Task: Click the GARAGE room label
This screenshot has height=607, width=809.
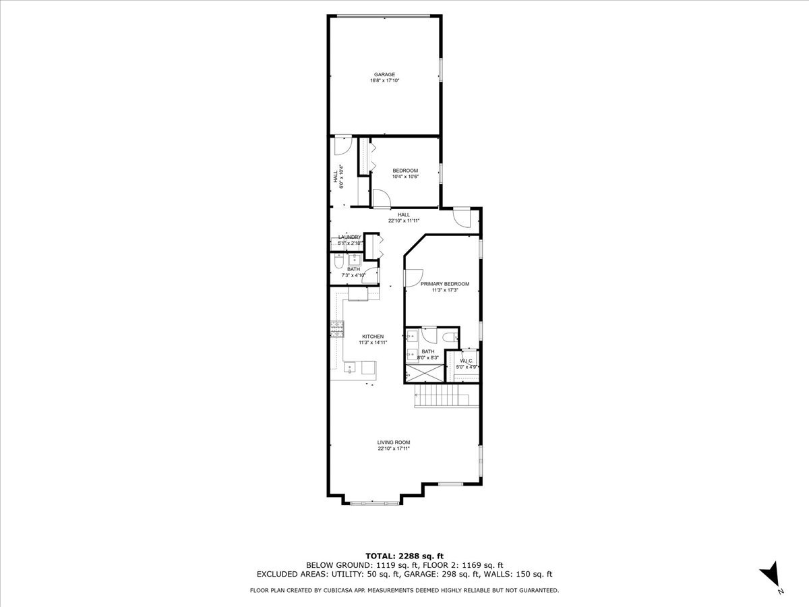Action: coord(385,74)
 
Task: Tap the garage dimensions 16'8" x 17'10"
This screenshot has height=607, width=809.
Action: coord(385,81)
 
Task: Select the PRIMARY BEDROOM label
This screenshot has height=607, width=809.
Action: coord(444,284)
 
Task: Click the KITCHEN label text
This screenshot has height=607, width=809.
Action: coord(373,337)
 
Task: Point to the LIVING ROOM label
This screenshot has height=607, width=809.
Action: coord(394,442)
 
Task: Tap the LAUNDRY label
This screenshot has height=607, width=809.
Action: coord(350,237)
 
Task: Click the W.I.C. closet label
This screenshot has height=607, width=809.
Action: coord(466,361)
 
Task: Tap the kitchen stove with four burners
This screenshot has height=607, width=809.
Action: coord(336,328)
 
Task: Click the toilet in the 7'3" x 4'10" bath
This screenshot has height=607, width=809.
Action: coord(339,262)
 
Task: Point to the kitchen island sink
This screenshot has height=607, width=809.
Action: coord(351,368)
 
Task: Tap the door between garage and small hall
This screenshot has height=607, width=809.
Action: coord(342,144)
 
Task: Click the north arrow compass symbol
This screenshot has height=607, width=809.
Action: coord(770,576)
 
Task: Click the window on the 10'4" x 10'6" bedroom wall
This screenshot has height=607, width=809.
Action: coord(440,172)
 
